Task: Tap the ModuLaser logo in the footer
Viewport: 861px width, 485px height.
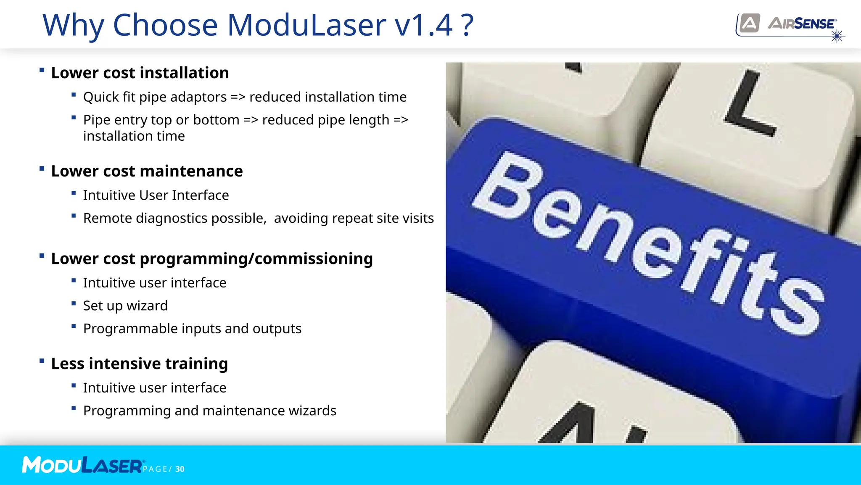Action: click(82, 465)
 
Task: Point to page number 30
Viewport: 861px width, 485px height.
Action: click(180, 469)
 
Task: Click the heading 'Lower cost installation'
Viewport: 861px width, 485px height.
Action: click(140, 73)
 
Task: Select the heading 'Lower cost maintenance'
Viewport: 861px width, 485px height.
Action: click(147, 171)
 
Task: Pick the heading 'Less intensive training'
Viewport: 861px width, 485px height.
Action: click(139, 364)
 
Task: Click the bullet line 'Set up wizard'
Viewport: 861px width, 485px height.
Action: click(125, 306)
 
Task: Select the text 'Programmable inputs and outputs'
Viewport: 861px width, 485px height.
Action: click(192, 329)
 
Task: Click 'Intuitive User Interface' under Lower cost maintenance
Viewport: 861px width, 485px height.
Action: click(156, 195)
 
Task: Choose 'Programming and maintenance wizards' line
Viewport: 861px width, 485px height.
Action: click(209, 411)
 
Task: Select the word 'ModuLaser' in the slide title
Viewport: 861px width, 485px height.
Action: click(306, 25)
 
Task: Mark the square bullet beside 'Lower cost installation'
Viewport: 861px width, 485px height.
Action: click(42, 70)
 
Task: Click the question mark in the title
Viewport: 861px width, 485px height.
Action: click(467, 25)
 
